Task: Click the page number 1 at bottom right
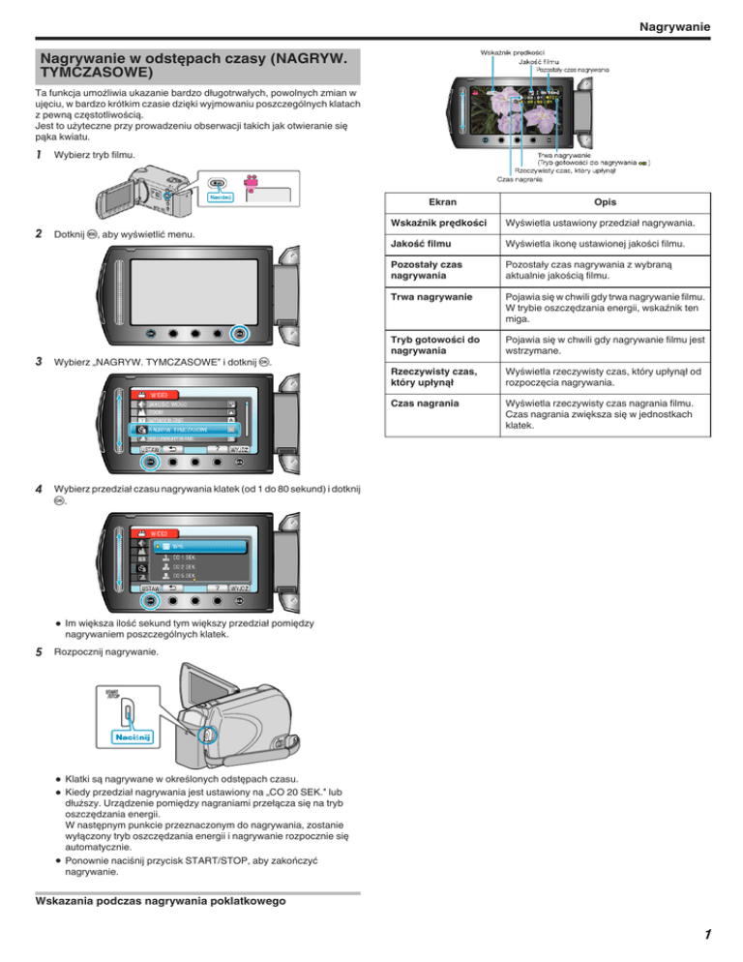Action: coord(708,935)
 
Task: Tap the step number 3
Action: coord(37,361)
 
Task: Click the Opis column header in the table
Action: coord(607,230)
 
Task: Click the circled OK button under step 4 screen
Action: coord(150,602)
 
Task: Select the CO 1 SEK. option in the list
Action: coord(184,559)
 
